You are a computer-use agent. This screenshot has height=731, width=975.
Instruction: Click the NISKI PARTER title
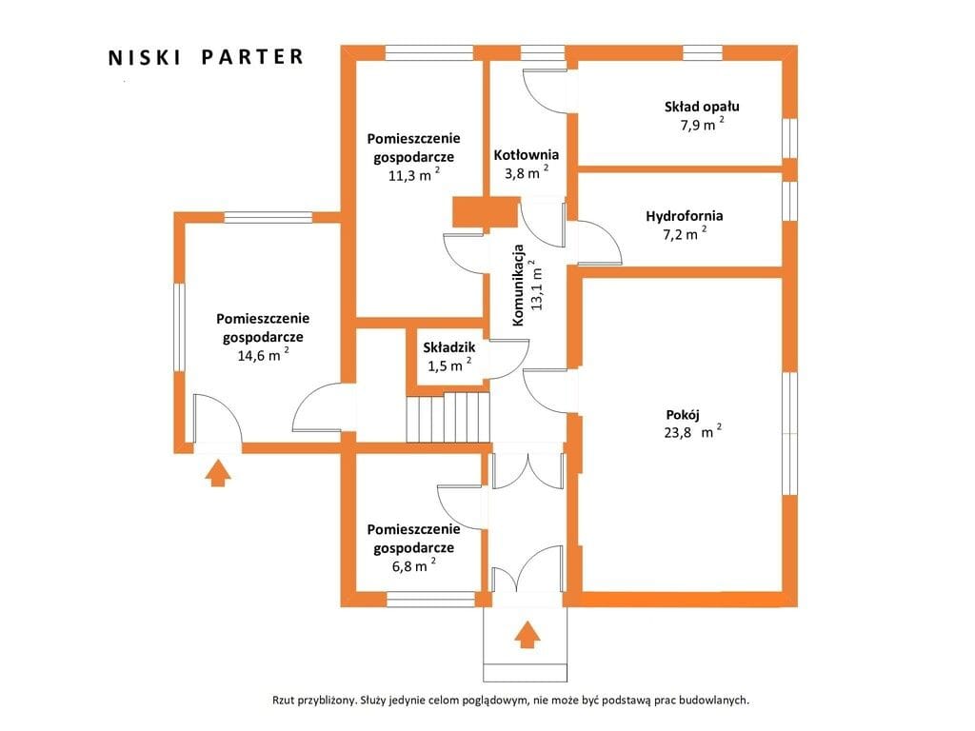206,57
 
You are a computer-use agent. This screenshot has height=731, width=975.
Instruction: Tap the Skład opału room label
702,107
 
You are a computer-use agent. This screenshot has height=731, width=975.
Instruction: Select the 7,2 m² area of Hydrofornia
685,234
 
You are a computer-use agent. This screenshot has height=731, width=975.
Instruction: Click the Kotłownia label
526,155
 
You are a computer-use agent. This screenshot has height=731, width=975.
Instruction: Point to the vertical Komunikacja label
518,286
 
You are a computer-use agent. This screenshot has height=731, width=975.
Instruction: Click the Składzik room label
449,347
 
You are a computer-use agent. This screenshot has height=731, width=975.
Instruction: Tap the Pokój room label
683,415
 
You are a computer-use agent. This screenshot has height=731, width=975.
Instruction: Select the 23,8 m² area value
693,431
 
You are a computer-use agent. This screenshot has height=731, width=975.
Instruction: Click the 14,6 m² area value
263,355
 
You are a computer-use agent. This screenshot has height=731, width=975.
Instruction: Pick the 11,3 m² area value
414,175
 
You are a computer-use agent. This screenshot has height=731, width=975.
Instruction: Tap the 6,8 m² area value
414,565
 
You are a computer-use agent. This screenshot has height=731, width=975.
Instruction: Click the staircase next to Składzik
448,417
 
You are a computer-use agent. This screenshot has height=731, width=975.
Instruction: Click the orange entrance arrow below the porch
527,635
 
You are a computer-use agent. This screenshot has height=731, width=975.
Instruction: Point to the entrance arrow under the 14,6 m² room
218,473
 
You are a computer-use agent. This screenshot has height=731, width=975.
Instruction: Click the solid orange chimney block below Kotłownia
486,212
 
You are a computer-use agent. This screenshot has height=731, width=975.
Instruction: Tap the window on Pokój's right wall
789,433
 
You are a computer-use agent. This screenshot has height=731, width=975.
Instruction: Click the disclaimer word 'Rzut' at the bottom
284,700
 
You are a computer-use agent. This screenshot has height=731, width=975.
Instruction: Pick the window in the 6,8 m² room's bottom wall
431,600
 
